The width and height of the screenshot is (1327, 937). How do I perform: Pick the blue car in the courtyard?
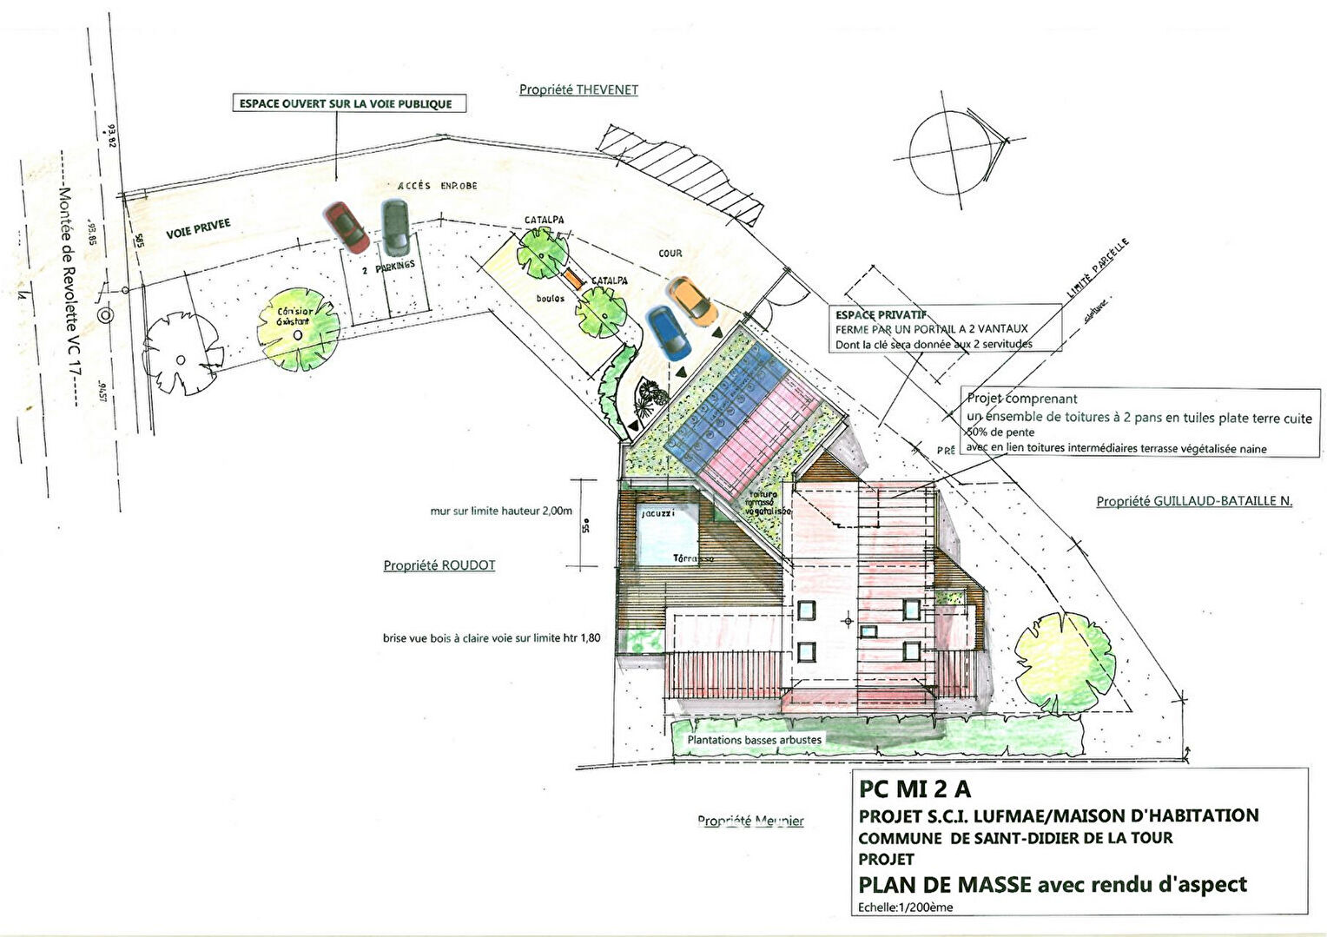(x=668, y=333)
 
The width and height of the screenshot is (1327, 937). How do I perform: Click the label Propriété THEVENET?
(x=578, y=89)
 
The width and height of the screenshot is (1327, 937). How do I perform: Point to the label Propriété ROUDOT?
(x=439, y=565)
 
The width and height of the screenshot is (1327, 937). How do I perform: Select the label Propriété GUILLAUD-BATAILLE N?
(x=1194, y=501)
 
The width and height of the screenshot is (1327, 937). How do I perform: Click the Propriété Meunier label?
(x=750, y=821)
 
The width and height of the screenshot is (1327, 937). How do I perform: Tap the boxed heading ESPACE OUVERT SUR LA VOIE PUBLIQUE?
(x=346, y=103)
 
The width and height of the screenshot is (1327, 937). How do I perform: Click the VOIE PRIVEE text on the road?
(x=198, y=229)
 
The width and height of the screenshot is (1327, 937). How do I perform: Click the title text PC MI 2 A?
(x=914, y=789)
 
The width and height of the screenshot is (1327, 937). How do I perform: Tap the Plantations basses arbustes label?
(x=754, y=740)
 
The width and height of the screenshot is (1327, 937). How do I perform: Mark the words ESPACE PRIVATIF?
(x=881, y=315)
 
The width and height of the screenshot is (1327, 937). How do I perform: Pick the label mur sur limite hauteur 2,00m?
(x=501, y=511)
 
